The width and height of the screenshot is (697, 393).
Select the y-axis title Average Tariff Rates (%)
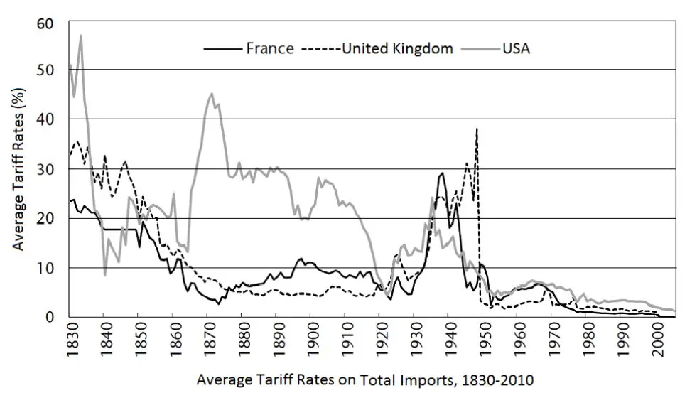19,171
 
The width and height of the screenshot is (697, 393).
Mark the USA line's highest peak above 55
81,35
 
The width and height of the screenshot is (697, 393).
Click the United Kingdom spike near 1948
477,129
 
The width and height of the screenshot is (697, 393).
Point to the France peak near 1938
443,173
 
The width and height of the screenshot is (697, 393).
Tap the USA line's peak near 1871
212,93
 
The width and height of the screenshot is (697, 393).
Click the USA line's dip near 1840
105,275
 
